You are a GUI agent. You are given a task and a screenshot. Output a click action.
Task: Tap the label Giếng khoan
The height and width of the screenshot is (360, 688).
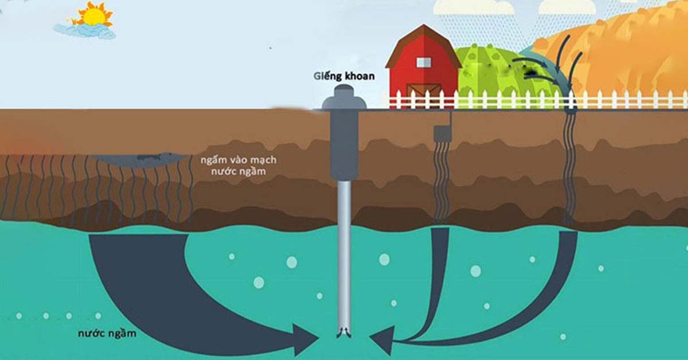pos(344,76)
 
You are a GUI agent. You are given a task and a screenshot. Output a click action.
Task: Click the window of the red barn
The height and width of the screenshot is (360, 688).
pos(424,62)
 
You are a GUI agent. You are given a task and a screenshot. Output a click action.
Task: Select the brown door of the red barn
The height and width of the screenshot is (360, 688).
pos(424,95)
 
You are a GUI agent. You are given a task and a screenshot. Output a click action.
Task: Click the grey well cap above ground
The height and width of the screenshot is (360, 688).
pos(344,97)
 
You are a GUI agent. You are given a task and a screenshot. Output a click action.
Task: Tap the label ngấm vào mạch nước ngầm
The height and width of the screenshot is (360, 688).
pos(239,166)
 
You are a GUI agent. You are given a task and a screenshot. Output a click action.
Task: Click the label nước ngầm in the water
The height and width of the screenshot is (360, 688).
pos(107,333)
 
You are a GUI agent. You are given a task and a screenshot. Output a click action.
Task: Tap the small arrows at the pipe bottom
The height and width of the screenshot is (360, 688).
pos(344,332)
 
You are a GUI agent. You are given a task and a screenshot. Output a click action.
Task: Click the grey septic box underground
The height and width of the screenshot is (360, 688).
pos(442,134)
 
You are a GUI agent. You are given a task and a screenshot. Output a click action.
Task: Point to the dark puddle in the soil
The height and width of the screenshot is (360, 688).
pos(140,161)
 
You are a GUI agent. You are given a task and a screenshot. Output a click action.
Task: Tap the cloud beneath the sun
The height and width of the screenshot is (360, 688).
pos(84,31)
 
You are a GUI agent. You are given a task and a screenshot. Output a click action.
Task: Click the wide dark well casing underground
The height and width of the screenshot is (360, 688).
pos(344,144)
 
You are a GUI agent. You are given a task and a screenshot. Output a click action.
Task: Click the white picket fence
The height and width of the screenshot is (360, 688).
pos(538,100)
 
